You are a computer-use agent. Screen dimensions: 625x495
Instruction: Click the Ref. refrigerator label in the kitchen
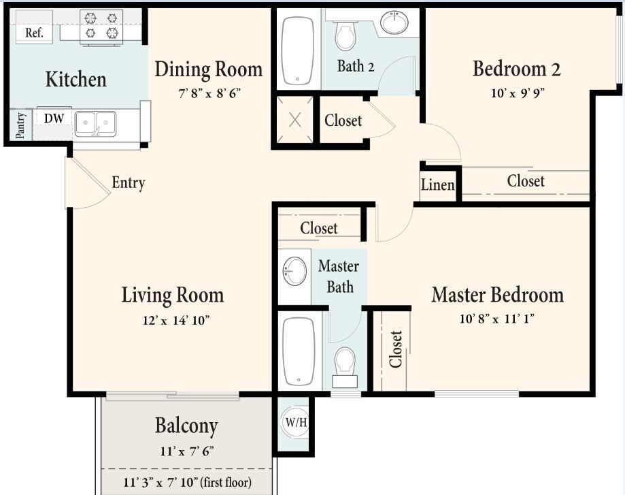(34, 33)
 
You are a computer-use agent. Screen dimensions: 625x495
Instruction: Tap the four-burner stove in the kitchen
(101, 27)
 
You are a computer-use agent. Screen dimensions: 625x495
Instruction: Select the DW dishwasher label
(54, 118)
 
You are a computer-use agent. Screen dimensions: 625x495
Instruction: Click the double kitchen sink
(95, 124)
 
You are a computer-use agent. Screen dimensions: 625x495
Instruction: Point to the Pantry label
(20, 125)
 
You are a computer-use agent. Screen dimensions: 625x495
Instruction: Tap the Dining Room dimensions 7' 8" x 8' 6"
(209, 94)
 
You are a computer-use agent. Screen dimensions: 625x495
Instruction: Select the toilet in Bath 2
(345, 35)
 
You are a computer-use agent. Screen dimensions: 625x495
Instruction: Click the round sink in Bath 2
(394, 22)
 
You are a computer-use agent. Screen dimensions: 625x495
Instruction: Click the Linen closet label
(438, 185)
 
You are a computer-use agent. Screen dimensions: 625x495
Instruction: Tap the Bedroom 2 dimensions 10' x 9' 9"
(518, 93)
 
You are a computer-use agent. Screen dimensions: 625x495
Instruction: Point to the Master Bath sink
(294, 271)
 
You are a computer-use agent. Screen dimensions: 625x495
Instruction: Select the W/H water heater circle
(296, 422)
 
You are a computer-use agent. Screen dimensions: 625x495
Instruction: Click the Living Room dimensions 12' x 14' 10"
(176, 320)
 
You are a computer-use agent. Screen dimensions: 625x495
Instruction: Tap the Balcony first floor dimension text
(187, 482)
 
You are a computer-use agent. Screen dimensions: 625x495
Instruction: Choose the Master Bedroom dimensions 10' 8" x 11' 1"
(496, 319)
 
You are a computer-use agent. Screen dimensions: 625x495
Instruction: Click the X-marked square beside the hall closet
(294, 119)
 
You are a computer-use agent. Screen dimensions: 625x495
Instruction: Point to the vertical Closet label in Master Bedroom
(396, 349)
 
